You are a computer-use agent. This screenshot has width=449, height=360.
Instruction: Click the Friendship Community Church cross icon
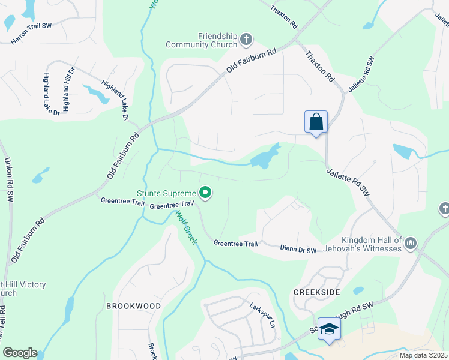(246, 40)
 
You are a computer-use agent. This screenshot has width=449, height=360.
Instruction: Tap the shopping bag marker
(316, 122)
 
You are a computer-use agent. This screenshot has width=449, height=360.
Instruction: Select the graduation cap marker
(329, 329)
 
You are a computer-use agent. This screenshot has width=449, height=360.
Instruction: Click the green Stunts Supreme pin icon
(205, 193)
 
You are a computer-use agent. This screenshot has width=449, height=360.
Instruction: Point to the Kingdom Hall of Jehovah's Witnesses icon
(411, 243)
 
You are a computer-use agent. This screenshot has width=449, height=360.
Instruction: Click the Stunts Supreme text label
(166, 193)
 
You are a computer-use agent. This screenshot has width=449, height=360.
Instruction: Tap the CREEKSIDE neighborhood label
(317, 292)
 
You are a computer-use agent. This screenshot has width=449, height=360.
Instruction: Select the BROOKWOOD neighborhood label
(133, 306)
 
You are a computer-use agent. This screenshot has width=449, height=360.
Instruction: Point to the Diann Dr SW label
(298, 248)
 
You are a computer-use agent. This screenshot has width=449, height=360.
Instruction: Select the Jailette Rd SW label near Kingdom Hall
(348, 182)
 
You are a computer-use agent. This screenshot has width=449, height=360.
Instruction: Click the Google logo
(20, 353)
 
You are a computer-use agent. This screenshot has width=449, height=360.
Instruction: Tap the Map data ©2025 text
(424, 355)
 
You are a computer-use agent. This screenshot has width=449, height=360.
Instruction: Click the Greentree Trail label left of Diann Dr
(235, 244)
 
